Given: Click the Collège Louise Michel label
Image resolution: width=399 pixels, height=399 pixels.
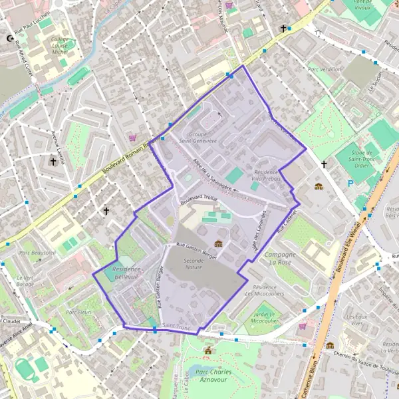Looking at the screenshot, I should click(x=65, y=44).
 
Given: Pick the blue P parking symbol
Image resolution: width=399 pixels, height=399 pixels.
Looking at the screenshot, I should click(x=351, y=184).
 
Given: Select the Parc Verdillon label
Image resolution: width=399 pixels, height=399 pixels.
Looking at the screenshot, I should click(x=325, y=68).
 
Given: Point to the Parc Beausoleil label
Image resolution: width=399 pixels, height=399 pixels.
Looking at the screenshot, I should click(x=37, y=253).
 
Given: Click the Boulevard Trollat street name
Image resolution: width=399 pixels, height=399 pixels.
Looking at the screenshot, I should click(x=199, y=201).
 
